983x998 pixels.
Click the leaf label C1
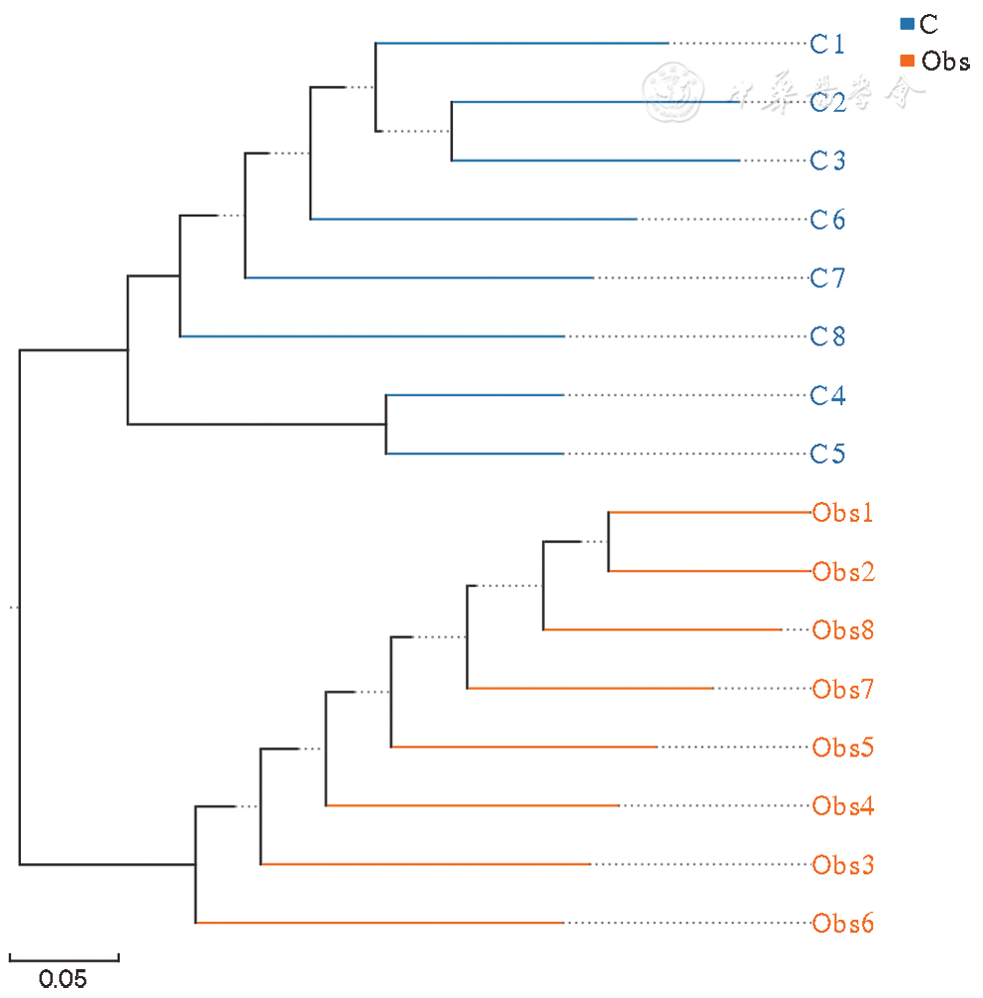point(827,44)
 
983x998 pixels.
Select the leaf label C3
point(827,161)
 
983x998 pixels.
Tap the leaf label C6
point(827,220)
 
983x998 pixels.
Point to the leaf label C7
point(827,277)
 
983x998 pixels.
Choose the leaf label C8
point(827,336)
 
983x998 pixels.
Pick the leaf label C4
point(827,395)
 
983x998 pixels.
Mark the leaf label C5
point(827,454)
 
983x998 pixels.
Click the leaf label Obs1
point(843,513)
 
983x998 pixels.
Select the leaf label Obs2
point(843,572)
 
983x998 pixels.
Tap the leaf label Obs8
point(843,630)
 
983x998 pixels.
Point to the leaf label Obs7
point(843,689)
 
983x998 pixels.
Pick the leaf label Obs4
point(843,805)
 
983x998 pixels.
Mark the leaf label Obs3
point(843,864)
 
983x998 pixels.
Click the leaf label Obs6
point(843,923)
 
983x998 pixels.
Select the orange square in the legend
point(907,61)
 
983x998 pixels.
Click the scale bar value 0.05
point(63,978)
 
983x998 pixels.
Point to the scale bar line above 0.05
point(64,960)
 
